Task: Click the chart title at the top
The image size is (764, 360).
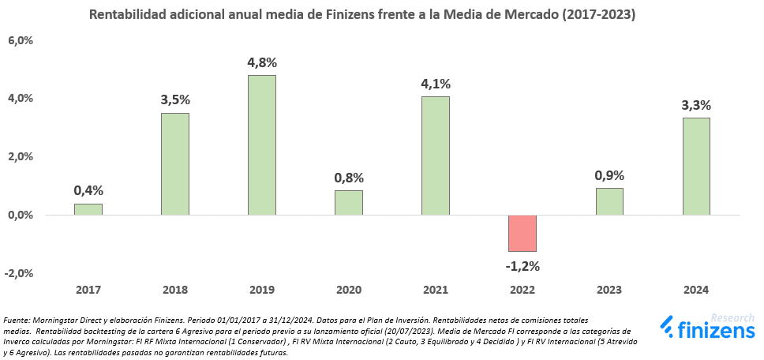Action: tap(363, 15)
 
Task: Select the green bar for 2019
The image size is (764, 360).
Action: tap(262, 145)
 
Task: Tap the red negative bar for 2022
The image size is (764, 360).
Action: tap(522, 233)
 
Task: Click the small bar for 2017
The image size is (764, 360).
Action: tap(88, 209)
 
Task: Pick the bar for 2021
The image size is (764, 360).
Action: tap(436, 156)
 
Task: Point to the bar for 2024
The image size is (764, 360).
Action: tap(696, 167)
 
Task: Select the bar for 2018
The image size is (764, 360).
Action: tap(175, 164)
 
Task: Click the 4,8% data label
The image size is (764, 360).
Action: tap(262, 62)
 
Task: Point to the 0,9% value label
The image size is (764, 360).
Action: tap(609, 174)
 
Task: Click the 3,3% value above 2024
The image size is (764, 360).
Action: tap(696, 104)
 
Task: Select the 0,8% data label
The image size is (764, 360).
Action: tap(349, 177)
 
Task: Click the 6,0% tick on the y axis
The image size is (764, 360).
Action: tap(21, 40)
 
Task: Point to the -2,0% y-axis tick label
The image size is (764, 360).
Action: tap(19, 273)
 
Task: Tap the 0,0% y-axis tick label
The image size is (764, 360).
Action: tap(21, 215)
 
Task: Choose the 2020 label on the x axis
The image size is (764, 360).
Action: tap(349, 291)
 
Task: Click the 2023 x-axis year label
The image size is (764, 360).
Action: tap(609, 291)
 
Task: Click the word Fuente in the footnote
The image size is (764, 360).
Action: tap(17, 320)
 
